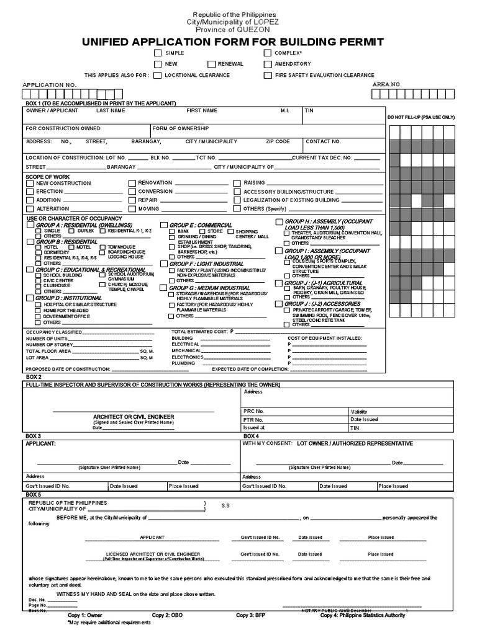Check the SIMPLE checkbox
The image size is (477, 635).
(158, 54)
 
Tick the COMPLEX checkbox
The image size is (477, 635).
(268, 54)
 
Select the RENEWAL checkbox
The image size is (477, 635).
(212, 64)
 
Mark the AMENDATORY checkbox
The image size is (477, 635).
(268, 64)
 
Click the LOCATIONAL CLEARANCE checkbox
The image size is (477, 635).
(158, 75)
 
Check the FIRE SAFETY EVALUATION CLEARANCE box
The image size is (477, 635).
(268, 75)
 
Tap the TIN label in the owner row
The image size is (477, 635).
(309, 110)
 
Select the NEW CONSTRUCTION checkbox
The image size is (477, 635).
(30, 184)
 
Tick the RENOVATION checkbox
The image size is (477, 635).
(132, 184)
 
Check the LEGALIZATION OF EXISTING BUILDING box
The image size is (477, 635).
(237, 200)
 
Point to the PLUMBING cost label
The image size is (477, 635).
(183, 363)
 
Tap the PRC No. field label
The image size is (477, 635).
(254, 411)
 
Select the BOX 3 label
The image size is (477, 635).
(34, 437)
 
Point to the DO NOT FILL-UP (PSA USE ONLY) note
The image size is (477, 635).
(421, 117)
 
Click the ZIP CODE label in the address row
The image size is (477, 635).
(278, 141)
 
